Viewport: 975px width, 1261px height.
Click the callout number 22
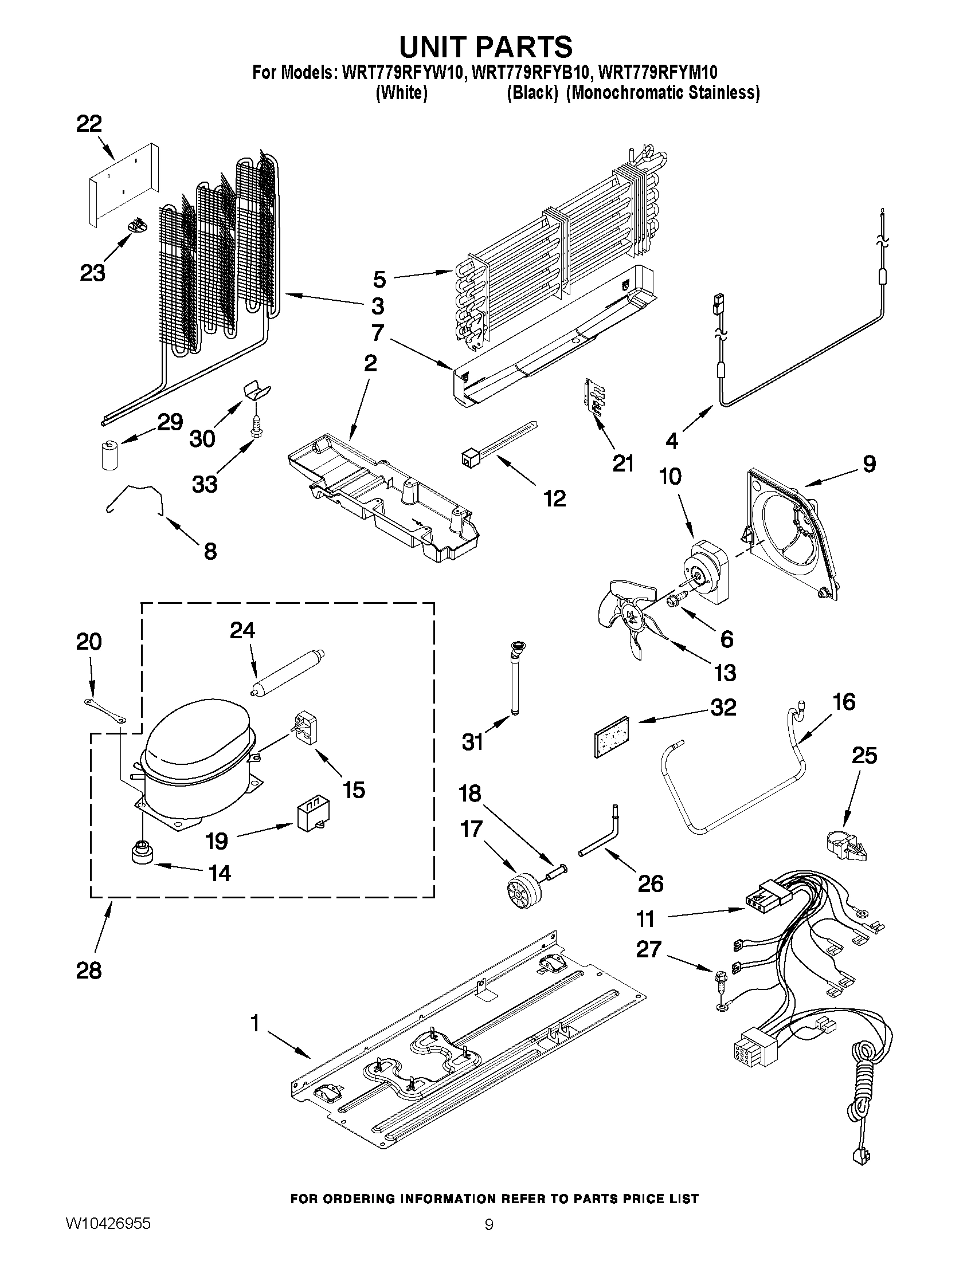[x=89, y=124]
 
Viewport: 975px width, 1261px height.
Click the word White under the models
[x=401, y=93]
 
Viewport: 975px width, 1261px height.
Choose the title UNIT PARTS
[x=485, y=47]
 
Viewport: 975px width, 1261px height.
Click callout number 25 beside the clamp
[x=864, y=755]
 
